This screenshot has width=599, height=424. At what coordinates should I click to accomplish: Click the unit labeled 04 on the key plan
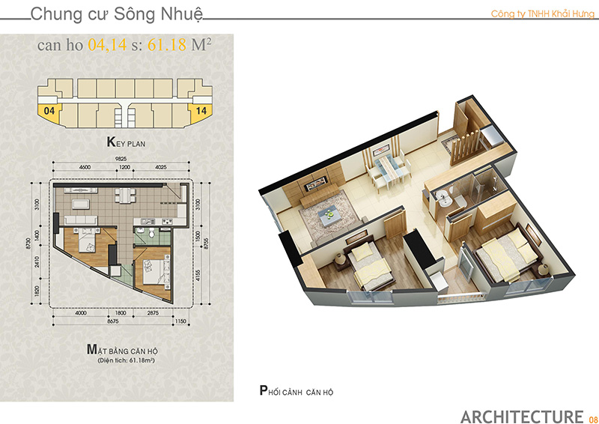pyautogui.click(x=49, y=112)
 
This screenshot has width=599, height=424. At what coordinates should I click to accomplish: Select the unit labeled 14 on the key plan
pyautogui.click(x=201, y=112)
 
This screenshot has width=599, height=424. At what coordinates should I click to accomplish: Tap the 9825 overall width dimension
pyautogui.click(x=121, y=159)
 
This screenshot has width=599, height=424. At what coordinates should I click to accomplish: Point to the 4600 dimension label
pyautogui.click(x=85, y=167)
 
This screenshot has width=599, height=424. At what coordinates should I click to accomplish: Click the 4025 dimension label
pyautogui.click(x=161, y=167)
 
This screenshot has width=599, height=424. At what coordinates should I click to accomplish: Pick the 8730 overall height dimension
pyautogui.click(x=28, y=243)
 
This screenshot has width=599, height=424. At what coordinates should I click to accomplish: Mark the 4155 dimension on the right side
pyautogui.click(x=198, y=275)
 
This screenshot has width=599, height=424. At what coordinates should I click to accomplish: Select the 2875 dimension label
pyautogui.click(x=153, y=312)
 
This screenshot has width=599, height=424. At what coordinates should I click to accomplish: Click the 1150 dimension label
pyautogui.click(x=180, y=321)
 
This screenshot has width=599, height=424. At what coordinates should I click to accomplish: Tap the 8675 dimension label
pyautogui.click(x=113, y=321)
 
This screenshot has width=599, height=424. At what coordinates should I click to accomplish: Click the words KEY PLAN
pyautogui.click(x=126, y=142)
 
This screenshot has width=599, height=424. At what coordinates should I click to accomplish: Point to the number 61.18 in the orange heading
pyautogui.click(x=167, y=45)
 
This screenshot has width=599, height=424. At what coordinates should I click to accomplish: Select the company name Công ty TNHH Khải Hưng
pyautogui.click(x=542, y=13)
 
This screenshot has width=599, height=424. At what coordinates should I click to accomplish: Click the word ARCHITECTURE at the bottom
pyautogui.click(x=522, y=417)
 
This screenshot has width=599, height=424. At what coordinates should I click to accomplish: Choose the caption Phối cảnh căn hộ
pyautogui.click(x=297, y=391)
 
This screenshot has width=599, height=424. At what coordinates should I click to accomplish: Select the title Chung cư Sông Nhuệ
pyautogui.click(x=117, y=14)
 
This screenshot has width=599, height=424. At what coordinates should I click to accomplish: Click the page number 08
pyautogui.click(x=593, y=420)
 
